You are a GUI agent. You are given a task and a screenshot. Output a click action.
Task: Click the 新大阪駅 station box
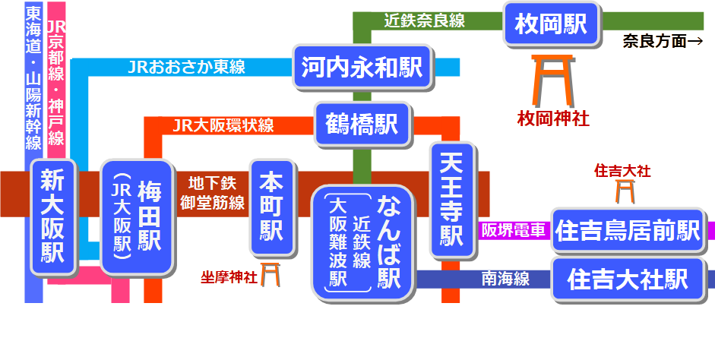pyautogui.click(x=53, y=216)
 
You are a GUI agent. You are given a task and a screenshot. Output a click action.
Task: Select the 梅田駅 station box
pyautogui.click(x=138, y=216)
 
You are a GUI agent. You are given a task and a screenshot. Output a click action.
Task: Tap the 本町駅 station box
pyautogui.click(x=271, y=205)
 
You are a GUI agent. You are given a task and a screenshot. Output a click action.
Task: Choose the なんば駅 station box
pyautogui.click(x=362, y=242)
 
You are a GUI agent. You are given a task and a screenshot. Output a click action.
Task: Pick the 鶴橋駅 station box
pyautogui.click(x=362, y=125)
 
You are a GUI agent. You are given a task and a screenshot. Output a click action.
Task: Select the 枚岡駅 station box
pyautogui.click(x=552, y=24)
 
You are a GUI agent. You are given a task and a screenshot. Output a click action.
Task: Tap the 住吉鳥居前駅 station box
pyautogui.click(x=628, y=230)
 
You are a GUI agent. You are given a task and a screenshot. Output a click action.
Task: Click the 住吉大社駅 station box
pyautogui.click(x=628, y=279)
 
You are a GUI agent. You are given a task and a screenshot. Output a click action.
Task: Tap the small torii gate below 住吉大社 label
pyautogui.click(x=624, y=191)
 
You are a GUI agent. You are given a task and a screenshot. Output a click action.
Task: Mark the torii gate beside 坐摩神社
pyautogui.click(x=270, y=275)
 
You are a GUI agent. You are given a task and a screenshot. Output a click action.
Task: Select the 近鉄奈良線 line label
pyautogui.click(x=424, y=21)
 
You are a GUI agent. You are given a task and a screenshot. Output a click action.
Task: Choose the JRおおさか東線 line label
pyautogui.click(x=187, y=67)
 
